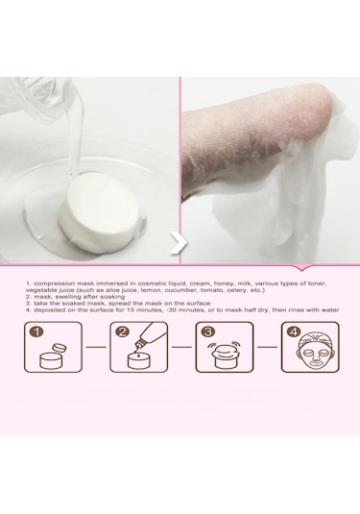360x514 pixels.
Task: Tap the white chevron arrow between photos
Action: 179,242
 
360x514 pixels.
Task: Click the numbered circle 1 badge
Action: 37,331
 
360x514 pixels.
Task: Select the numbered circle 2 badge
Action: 123,331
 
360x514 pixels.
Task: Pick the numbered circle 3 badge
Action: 208,331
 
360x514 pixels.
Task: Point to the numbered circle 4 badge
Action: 294,331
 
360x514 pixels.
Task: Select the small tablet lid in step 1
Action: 59,348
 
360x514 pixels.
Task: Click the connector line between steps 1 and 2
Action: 96,347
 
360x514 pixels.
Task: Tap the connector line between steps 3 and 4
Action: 267,347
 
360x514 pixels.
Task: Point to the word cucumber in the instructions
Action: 180,290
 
